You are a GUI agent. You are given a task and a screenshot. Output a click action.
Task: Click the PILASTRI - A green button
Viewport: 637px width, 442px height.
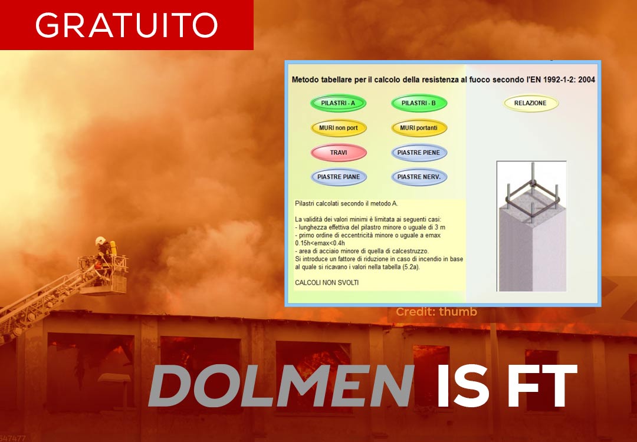click(338, 103)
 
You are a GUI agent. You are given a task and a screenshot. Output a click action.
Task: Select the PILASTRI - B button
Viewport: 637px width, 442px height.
click(419, 103)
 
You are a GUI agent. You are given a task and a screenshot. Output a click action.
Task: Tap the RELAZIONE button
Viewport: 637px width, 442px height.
click(530, 103)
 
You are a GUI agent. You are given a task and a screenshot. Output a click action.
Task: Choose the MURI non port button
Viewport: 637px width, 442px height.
click(338, 128)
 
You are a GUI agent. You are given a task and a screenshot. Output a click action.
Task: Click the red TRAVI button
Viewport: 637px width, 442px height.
click(339, 153)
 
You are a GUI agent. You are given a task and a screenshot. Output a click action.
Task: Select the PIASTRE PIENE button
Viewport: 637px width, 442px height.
click(419, 153)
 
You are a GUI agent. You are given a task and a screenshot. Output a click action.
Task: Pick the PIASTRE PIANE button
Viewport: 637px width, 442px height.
click(339, 177)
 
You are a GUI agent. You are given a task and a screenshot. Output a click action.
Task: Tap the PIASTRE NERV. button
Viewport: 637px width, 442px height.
click(419, 177)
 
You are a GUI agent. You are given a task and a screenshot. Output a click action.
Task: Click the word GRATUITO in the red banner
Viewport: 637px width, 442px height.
click(126, 25)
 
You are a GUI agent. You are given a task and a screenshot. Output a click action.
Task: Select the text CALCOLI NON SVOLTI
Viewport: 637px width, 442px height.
click(327, 283)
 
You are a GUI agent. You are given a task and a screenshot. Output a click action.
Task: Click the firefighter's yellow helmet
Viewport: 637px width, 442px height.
click(100, 240)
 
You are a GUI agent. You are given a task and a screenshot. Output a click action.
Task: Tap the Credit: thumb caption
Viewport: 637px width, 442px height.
click(436, 312)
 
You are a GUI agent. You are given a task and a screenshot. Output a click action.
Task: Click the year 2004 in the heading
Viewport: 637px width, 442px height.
click(587, 80)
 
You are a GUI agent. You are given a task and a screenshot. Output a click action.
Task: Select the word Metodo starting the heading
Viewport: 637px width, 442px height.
click(304, 80)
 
